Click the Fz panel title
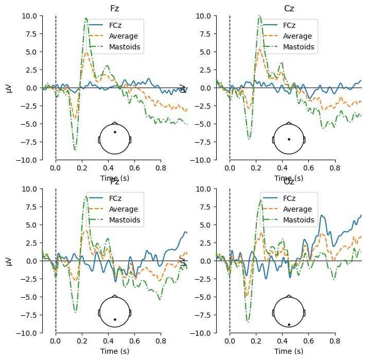click(x=114, y=8)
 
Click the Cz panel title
click(x=289, y=8)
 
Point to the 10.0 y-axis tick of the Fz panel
click(x=28, y=15)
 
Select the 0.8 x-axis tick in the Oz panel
click(x=335, y=341)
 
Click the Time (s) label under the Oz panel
click(x=289, y=351)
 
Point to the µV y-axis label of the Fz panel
click(x=9, y=88)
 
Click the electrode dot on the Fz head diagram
click(x=115, y=132)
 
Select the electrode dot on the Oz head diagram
click(x=289, y=324)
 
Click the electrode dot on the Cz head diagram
click(x=289, y=139)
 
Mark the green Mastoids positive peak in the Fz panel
click(x=86, y=19)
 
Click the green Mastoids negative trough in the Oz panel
click(x=248, y=321)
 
